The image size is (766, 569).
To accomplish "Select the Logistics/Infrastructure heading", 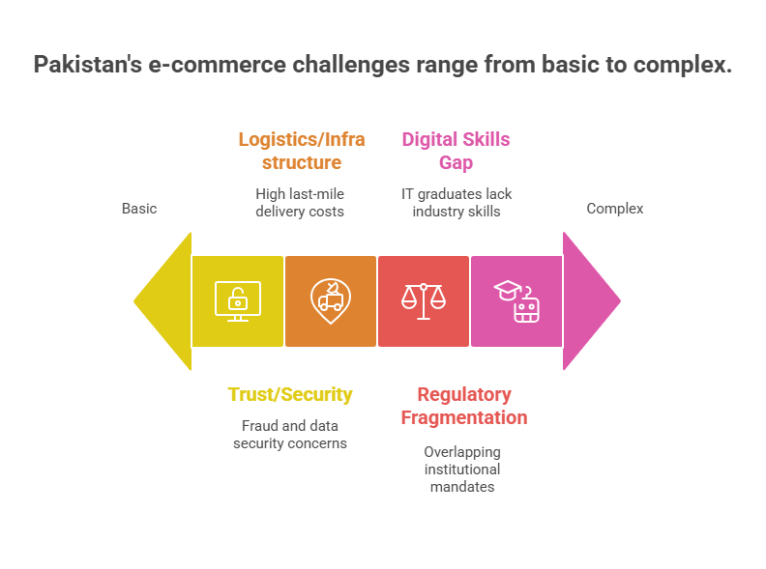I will [x=302, y=151].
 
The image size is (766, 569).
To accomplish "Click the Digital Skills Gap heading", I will [x=456, y=151].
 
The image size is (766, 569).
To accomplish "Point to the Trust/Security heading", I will [x=290, y=394].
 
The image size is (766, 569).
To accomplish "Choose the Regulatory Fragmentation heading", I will [x=464, y=406].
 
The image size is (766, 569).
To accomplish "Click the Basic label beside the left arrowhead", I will [x=139, y=209].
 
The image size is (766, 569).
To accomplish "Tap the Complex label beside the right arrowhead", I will [x=615, y=209].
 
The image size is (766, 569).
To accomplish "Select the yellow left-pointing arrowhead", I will [x=164, y=300].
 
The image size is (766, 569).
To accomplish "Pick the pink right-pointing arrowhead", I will [x=589, y=300].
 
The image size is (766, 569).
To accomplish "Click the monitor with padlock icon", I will [x=238, y=300].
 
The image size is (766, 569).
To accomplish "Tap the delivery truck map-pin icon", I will [x=331, y=300].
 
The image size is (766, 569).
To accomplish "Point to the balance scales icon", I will [x=424, y=300].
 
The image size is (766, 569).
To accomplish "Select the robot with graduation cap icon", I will [x=516, y=300].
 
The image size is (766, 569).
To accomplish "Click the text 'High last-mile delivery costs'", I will [x=300, y=202].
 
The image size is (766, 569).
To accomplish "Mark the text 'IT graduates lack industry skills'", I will [x=457, y=202].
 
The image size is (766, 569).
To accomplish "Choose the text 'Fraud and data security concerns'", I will [x=290, y=434].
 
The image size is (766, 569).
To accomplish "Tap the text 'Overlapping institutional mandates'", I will [x=462, y=469].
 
